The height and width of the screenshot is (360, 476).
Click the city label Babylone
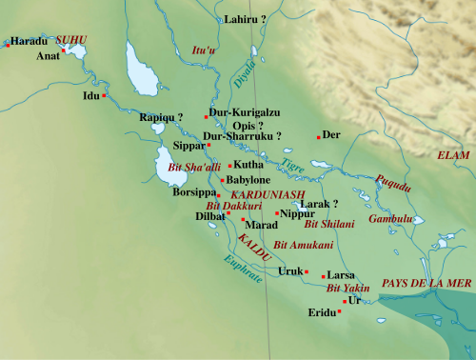coord(248,180)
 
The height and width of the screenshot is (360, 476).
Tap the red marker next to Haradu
coord(6,44)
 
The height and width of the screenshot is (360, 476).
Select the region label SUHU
coord(70,40)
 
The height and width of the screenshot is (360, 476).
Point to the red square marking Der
coord(319,137)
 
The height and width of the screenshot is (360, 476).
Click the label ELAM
coord(453,154)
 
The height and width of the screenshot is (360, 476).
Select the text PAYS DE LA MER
coord(426,284)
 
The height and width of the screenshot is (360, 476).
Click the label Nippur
coord(297,213)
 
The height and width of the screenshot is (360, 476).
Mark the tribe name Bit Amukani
coord(303,246)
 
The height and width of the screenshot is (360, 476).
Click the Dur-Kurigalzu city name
coord(245,112)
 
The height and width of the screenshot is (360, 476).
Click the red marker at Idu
coord(105,95)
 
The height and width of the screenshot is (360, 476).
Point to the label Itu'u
coord(201,50)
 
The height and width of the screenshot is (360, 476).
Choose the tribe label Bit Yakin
coord(347,287)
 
